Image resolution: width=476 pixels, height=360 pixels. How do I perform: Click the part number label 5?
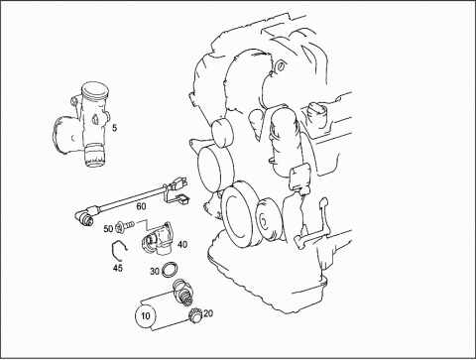[x=114, y=128]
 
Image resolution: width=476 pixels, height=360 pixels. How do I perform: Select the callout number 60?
[x=141, y=206]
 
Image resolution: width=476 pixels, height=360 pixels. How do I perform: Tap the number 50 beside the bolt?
[x=108, y=229]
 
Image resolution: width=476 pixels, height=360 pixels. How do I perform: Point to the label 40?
[x=182, y=245]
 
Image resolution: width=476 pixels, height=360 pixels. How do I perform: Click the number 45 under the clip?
[x=118, y=268]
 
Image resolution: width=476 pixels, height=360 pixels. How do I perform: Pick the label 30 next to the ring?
[x=155, y=272]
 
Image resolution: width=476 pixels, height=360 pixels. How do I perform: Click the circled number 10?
[x=146, y=316]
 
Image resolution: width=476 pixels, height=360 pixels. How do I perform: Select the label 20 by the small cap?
[x=208, y=313]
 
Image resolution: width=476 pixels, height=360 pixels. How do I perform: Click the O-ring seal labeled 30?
[x=170, y=270]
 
